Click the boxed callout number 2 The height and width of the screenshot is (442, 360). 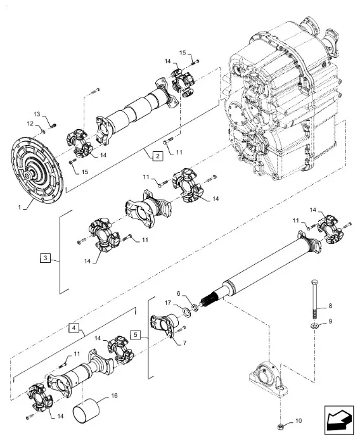coord(158,156)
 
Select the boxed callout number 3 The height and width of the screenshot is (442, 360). coord(46,258)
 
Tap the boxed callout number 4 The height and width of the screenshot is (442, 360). coord(74,328)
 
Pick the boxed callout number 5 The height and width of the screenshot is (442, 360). coord(136,334)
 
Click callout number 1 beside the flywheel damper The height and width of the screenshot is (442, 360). coord(20,207)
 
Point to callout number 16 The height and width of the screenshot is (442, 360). coord(114,396)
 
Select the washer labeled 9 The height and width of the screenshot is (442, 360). coord(314,326)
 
